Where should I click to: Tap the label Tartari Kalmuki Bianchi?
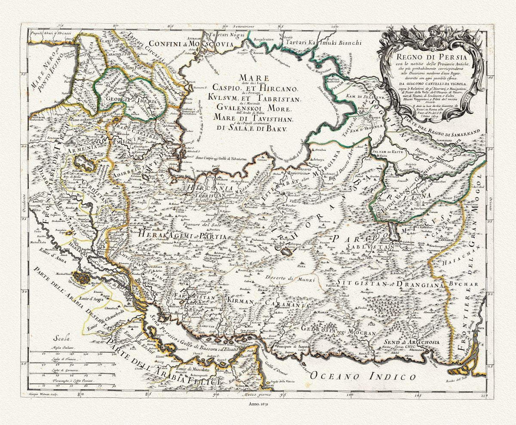(x=325, y=43)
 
